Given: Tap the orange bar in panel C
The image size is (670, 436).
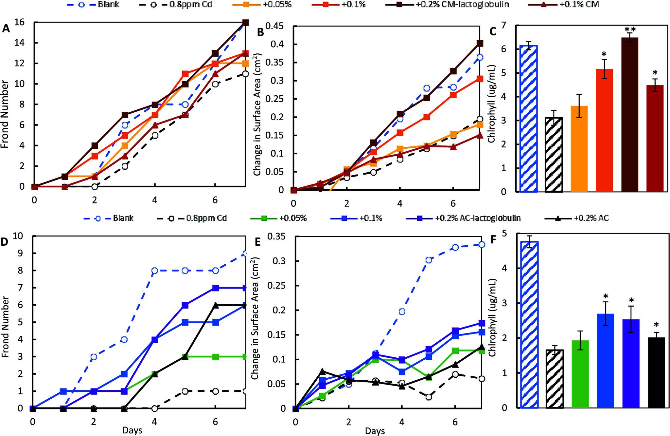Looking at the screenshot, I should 579,149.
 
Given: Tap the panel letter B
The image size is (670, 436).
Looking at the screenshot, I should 261,32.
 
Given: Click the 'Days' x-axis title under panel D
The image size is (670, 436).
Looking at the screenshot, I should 132,430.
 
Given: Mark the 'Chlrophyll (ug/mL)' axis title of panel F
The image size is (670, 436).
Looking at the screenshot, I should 492,318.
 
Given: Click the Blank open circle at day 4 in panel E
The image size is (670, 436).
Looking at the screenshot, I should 402,312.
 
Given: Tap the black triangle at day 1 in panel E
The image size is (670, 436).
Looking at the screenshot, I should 322,371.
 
